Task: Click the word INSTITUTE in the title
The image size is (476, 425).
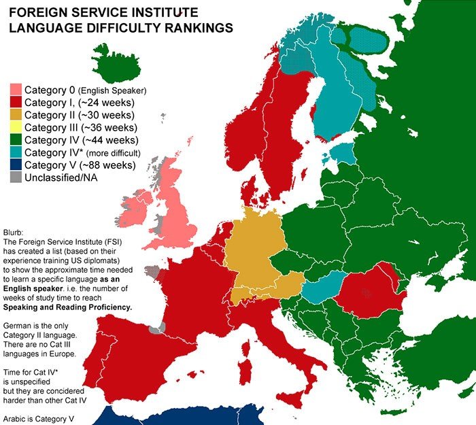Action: (161, 13)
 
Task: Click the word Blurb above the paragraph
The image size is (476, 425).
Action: (14, 231)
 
